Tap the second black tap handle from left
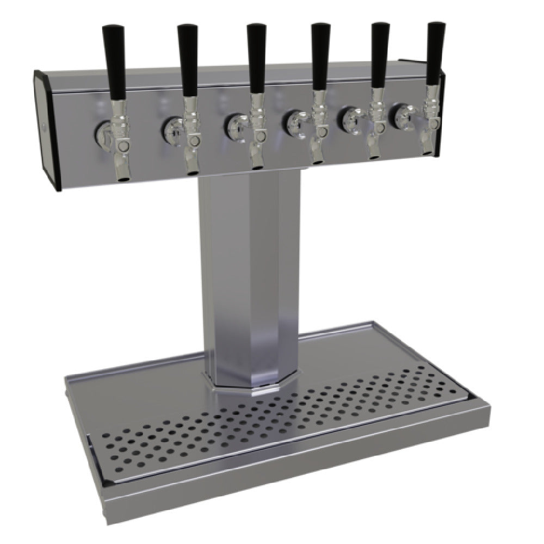[x=189, y=60]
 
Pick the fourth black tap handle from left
[x=319, y=57]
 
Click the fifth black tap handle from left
[x=380, y=57]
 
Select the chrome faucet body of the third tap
[x=257, y=131]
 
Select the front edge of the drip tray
[x=305, y=479]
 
